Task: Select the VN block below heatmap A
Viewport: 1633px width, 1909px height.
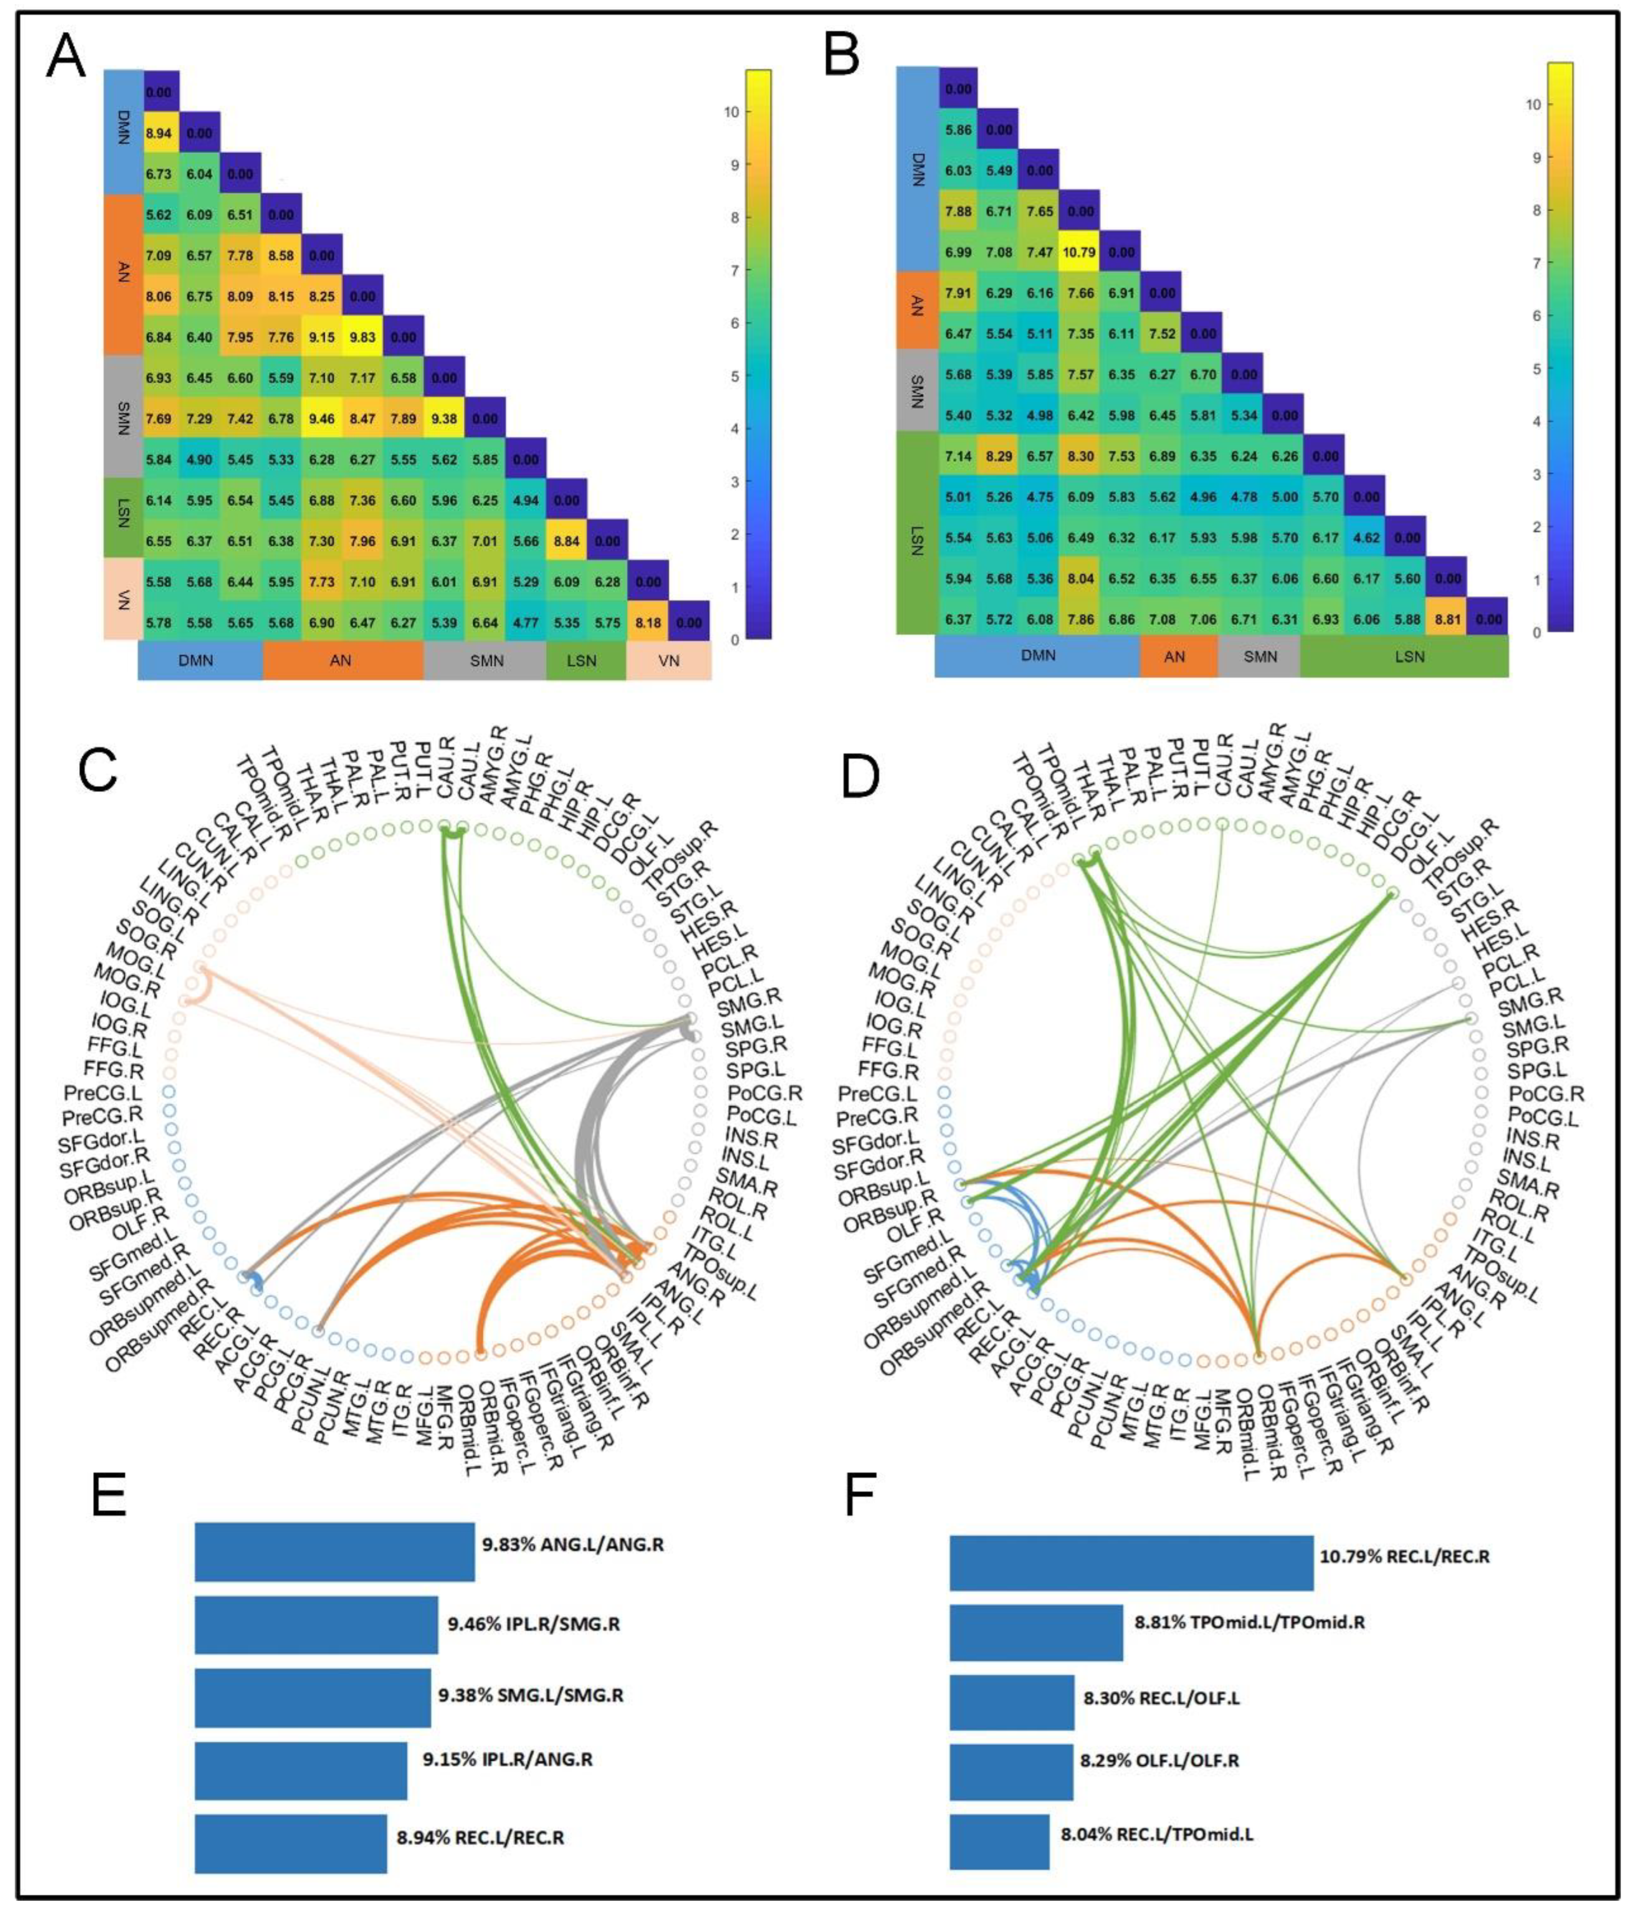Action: point(669,661)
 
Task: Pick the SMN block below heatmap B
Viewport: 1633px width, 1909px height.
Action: point(1259,657)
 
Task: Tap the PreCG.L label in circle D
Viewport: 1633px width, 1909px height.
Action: point(875,1094)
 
